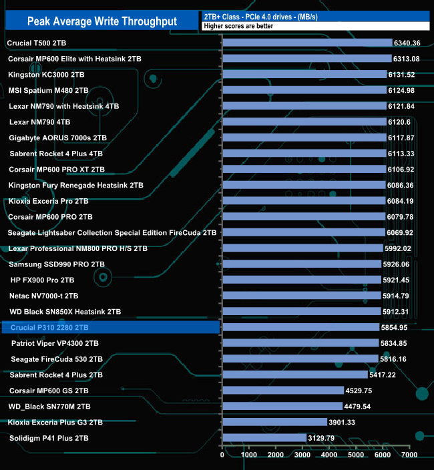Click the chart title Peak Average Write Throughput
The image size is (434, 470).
(102, 21)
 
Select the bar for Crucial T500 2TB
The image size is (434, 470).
(306, 43)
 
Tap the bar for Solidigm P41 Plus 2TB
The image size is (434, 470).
(264, 438)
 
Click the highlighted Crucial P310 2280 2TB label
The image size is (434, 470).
(49, 328)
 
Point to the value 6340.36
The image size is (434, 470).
(407, 43)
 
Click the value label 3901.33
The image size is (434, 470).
(342, 422)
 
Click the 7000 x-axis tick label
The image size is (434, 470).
(409, 455)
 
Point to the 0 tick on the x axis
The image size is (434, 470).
(222, 455)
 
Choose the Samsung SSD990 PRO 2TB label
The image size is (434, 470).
(57, 264)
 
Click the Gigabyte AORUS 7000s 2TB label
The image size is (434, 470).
(58, 138)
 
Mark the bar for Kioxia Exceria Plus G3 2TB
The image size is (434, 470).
(274, 422)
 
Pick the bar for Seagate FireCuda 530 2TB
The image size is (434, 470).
(300, 359)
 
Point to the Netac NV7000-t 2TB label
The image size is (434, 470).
(43, 296)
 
